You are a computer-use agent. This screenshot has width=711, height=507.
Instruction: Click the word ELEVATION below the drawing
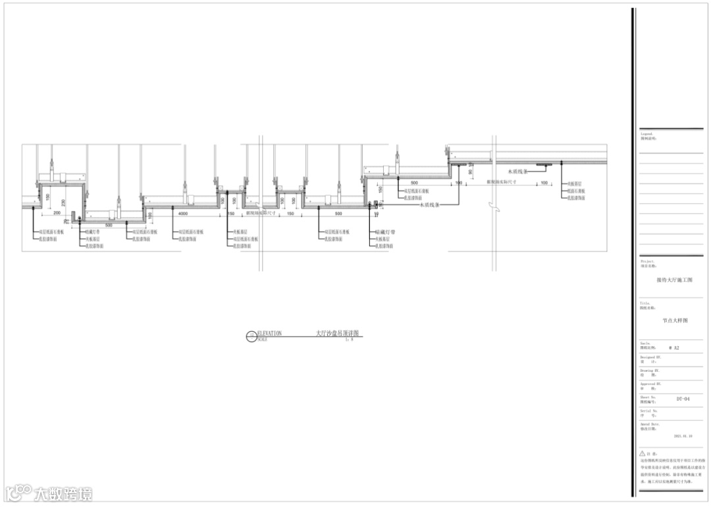[269, 334]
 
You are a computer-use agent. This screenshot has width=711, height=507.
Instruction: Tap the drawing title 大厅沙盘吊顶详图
[338, 334]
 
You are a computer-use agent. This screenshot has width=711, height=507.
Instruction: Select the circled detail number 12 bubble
[250, 337]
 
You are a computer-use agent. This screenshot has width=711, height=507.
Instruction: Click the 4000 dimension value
[183, 214]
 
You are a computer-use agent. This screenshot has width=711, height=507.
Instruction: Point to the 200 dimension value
[57, 214]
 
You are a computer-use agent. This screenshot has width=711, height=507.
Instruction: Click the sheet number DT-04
[683, 399]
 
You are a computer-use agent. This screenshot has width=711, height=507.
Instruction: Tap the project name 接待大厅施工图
[673, 280]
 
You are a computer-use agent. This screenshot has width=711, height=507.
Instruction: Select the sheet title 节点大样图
[675, 320]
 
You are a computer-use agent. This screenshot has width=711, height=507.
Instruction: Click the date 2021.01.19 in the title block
[683, 436]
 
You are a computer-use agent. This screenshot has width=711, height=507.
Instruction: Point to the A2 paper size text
[673, 347]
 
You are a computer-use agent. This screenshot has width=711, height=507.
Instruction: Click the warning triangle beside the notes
[643, 454]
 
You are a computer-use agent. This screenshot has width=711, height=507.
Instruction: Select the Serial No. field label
[650, 411]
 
